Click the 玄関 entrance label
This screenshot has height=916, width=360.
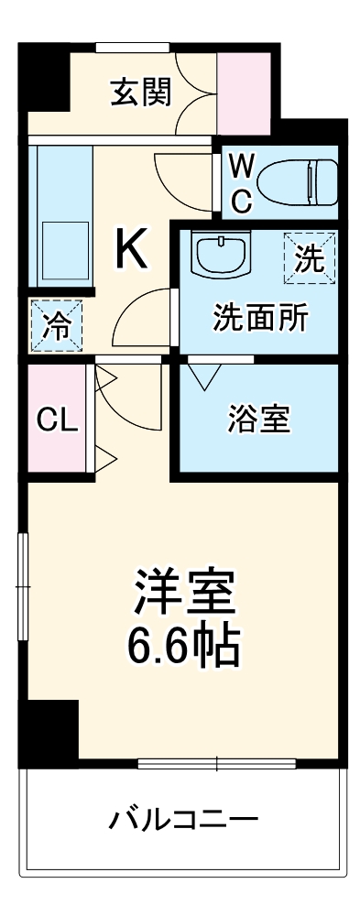[x=141, y=92]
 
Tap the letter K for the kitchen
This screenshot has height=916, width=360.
[x=132, y=248]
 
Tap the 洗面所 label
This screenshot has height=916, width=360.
[x=260, y=320]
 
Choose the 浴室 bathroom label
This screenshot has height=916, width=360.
[x=259, y=419]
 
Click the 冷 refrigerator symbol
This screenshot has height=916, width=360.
[x=55, y=325]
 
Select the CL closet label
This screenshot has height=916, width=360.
[x=57, y=420]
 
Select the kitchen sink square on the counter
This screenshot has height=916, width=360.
[x=61, y=249]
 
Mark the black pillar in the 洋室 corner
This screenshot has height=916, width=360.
[x=51, y=729]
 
